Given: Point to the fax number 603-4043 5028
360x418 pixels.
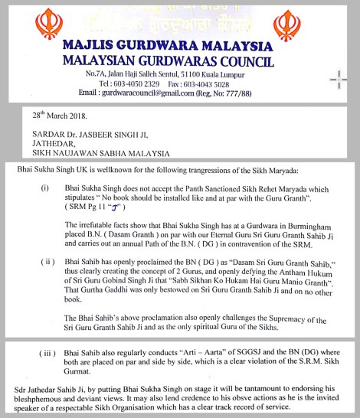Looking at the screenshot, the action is click(215, 83).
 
